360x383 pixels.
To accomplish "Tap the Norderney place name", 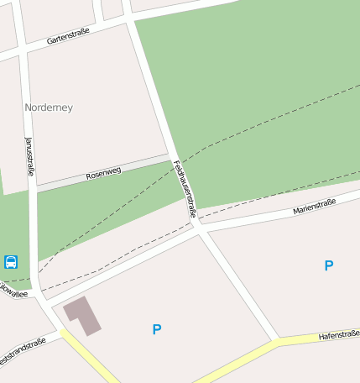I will pos(49,108).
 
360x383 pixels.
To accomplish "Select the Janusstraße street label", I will pos(29,156).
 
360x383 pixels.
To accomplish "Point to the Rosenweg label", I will pos(103,173).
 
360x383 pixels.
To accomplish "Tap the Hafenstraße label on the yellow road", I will pos(339,335).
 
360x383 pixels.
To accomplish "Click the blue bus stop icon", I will pos(11,262).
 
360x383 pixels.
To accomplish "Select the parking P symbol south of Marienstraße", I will pos(329,265).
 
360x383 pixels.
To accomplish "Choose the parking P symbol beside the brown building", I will pos(156,330).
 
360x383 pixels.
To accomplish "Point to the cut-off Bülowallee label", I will pos(13,293).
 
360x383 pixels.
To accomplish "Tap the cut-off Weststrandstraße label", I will pos(22,350).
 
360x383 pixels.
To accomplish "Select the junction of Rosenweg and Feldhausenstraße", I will pos(171,156).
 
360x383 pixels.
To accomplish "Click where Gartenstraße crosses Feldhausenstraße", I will pos(128,19).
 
